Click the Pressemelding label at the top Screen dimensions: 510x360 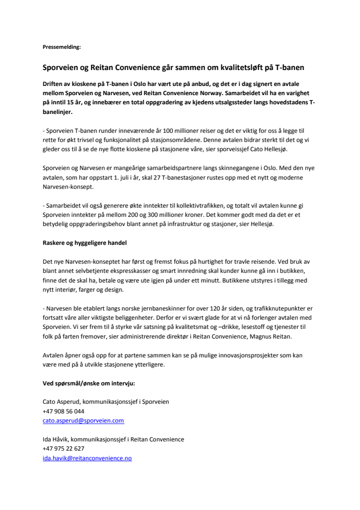pyautogui.click(x=62, y=47)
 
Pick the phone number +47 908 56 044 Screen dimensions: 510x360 pyautogui.click(x=63, y=411)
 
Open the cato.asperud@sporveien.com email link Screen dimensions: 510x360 pyautogui.click(x=83, y=421)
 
